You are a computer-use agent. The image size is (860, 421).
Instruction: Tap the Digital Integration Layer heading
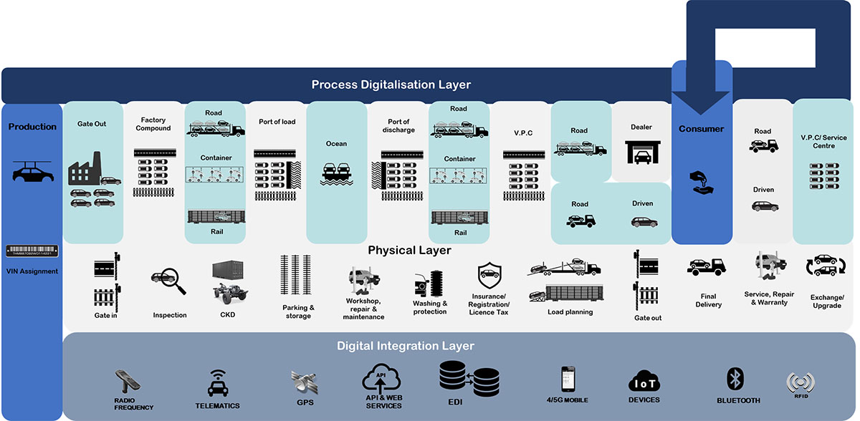(406, 347)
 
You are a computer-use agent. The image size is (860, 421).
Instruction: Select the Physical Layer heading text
(409, 251)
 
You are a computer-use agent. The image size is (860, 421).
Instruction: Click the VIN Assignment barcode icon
(32, 251)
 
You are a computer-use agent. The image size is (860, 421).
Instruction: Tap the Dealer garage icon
(641, 152)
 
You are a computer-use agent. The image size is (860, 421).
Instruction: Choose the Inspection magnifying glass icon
(170, 281)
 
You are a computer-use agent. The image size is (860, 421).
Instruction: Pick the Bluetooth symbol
(733, 378)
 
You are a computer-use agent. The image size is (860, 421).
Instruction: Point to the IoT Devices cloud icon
(643, 382)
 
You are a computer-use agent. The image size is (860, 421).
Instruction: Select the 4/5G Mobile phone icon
(568, 379)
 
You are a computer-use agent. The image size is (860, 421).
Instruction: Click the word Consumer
(701, 130)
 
